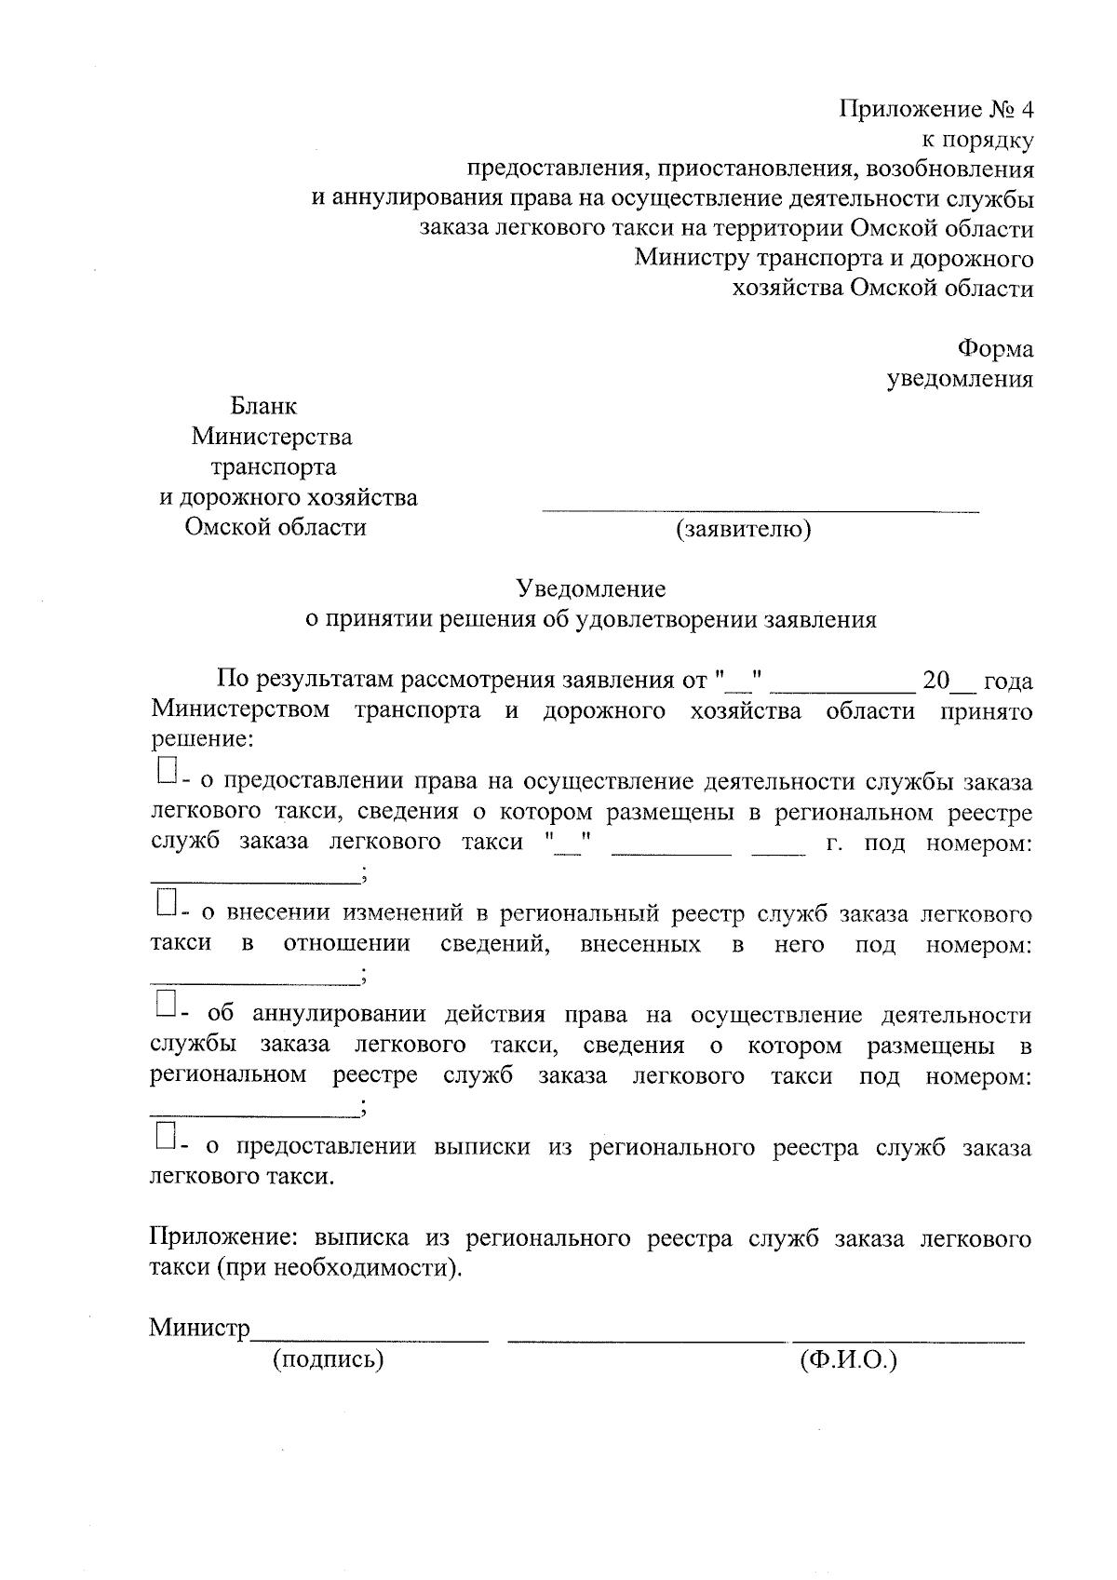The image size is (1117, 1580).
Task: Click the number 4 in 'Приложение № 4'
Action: click(x=1026, y=110)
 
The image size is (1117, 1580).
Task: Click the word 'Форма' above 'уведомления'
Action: click(x=995, y=349)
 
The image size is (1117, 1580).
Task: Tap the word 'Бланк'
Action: click(x=263, y=407)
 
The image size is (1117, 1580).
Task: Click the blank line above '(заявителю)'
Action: click(x=760, y=510)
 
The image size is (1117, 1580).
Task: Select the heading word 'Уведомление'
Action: click(x=591, y=588)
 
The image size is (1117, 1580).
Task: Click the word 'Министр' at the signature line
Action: click(x=199, y=1329)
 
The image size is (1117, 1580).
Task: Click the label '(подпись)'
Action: click(x=329, y=1359)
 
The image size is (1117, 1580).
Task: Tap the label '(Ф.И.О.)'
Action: click(x=847, y=1359)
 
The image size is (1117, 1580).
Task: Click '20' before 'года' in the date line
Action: click(x=935, y=681)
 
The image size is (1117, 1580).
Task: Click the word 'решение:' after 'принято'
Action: click(x=201, y=741)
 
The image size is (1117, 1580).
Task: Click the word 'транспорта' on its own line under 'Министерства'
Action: click(x=274, y=466)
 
